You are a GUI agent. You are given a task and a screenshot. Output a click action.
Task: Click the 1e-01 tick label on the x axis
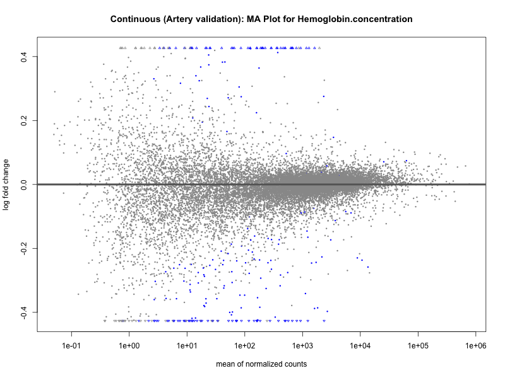pos(71,346)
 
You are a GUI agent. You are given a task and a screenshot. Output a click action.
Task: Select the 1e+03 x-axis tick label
pos(302,346)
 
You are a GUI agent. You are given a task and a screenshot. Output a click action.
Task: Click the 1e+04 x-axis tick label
pos(360,346)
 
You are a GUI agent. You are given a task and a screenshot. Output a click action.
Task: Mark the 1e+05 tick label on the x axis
pos(418,346)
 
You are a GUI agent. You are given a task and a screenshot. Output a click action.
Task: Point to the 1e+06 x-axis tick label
pos(475,346)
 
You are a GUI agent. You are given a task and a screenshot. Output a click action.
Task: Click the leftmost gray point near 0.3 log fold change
pos(54,91)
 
